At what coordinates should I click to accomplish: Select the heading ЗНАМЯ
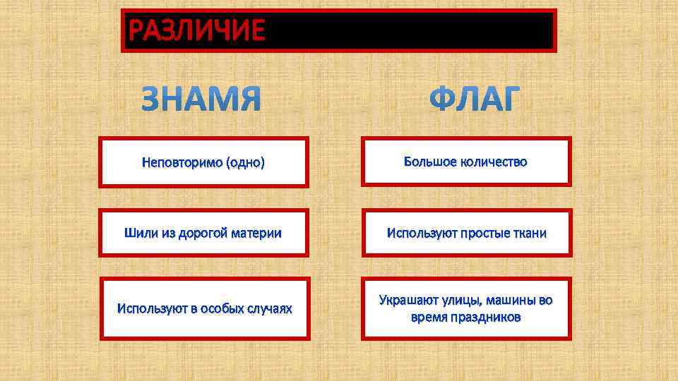201,100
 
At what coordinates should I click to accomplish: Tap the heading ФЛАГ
475,100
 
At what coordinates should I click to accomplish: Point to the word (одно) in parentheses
245,163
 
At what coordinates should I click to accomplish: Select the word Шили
137,233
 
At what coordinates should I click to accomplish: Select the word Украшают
407,300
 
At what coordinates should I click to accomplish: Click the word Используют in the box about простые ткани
422,233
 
